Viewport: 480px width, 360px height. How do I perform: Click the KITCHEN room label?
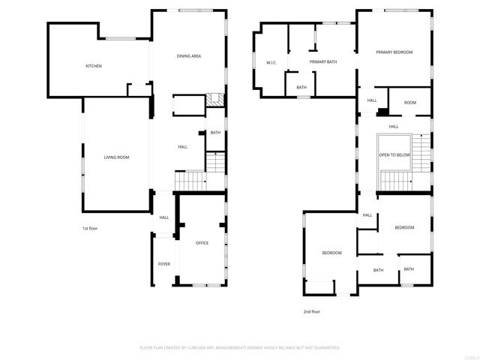[94, 66]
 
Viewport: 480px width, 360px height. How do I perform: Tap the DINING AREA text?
[189, 56]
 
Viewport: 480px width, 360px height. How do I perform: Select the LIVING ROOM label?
[116, 157]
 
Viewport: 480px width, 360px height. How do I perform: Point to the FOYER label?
[163, 264]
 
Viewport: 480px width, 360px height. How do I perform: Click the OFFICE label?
[202, 243]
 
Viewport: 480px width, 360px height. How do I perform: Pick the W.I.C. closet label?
[271, 62]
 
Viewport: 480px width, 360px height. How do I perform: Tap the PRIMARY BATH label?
[322, 62]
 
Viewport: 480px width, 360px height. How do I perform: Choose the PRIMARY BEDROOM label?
[394, 52]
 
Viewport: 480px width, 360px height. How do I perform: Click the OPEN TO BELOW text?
[394, 154]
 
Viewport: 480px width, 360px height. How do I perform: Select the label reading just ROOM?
[410, 103]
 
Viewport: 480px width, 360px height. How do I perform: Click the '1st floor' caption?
[90, 228]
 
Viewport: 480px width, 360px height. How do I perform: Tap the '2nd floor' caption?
[311, 311]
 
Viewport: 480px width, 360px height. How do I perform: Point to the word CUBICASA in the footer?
[214, 348]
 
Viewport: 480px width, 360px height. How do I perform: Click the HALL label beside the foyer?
[163, 217]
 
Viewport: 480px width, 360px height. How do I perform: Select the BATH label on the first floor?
[215, 133]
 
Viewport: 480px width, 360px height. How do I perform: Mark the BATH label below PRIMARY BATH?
[301, 88]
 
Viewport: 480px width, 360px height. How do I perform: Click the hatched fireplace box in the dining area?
[214, 100]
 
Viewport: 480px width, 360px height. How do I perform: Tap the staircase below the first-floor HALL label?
[190, 181]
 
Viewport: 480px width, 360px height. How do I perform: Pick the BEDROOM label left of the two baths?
[331, 253]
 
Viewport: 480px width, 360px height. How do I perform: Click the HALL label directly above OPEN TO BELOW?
[393, 127]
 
